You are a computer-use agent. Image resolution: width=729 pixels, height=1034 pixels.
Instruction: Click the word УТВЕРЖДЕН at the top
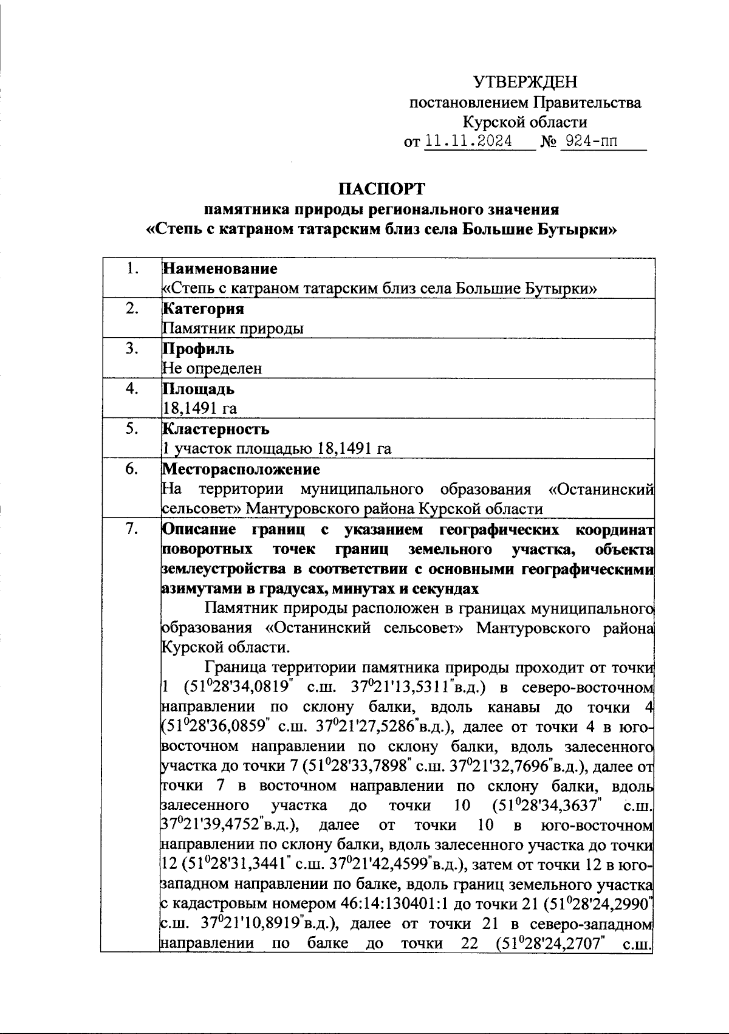pyautogui.click(x=525, y=82)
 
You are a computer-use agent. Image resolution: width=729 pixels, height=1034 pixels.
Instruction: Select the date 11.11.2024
pyautogui.click(x=468, y=142)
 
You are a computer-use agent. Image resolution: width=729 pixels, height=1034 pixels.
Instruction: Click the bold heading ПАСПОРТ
pyautogui.click(x=382, y=189)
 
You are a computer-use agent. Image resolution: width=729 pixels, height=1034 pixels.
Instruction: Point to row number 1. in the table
pyautogui.click(x=131, y=268)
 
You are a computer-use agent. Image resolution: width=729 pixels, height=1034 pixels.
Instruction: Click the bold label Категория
pyautogui.click(x=203, y=309)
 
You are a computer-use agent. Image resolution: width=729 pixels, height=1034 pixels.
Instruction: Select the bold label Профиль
pyautogui.click(x=198, y=349)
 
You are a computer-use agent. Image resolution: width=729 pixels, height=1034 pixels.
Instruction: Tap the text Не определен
pyautogui.click(x=212, y=368)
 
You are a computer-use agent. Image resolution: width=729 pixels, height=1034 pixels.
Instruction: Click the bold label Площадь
pyautogui.click(x=198, y=389)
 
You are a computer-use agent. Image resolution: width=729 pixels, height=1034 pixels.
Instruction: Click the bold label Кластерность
pyautogui.click(x=216, y=429)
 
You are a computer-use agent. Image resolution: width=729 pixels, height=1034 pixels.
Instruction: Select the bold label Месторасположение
pyautogui.click(x=241, y=469)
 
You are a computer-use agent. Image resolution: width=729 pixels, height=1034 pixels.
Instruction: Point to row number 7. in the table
pyautogui.click(x=131, y=529)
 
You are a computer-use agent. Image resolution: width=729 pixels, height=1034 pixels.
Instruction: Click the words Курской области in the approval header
pyautogui.click(x=525, y=122)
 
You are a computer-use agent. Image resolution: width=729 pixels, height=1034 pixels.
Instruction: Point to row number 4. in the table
pyautogui.click(x=131, y=389)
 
